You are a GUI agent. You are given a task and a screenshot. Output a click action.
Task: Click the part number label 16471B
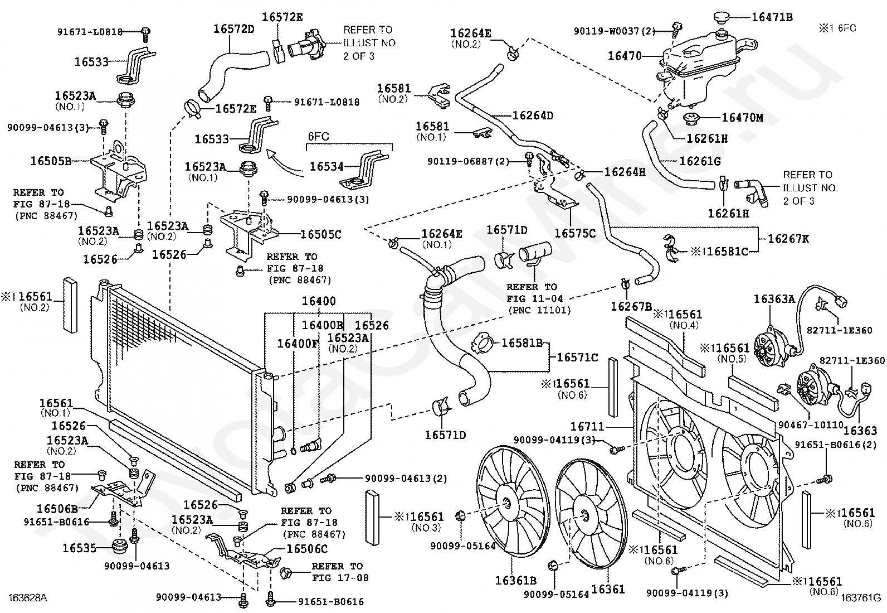[772, 17]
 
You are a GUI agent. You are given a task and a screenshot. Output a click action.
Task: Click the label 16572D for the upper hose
[233, 29]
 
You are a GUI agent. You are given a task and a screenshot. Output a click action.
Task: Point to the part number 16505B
[51, 161]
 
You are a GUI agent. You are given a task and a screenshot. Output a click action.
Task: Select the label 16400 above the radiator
[319, 301]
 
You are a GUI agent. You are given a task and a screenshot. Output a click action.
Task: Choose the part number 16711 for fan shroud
[587, 427]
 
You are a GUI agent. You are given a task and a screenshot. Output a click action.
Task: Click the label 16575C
[575, 233]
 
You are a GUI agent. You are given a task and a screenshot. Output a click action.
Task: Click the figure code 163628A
[27, 597]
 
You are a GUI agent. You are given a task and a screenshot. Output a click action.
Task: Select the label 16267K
[788, 239]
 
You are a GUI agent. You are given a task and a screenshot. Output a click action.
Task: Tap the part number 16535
[79, 548]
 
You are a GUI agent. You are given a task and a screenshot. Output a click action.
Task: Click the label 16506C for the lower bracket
[307, 549]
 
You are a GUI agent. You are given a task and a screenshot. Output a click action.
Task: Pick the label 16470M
[743, 118]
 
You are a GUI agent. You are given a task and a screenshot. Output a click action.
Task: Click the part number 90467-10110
[810, 425]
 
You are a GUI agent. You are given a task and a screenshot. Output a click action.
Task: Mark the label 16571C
[577, 358]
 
